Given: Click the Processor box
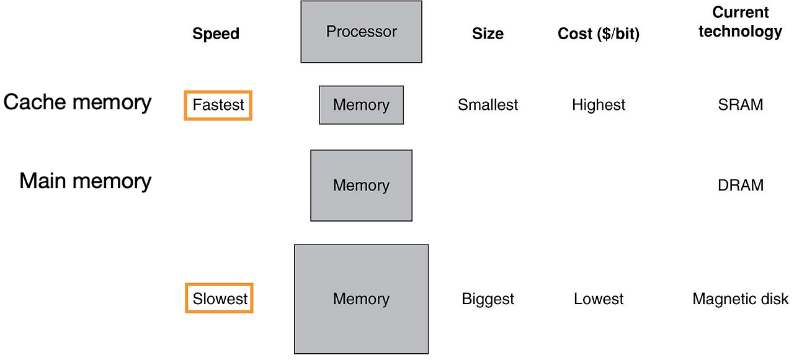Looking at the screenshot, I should coord(361,32).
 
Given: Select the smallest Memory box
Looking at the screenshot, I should coord(361,105).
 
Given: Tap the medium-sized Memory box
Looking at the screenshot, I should coord(361,185).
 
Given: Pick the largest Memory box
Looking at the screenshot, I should coord(361,299).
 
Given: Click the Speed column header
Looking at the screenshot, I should coord(216,34).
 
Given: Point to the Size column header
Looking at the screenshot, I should coord(488,34).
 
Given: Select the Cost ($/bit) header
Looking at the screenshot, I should coord(598,34).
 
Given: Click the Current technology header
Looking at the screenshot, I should coord(740,22).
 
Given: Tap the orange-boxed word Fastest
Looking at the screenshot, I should coord(218,105).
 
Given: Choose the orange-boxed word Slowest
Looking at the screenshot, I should coord(220,299).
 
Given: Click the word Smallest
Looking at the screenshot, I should coord(488,105).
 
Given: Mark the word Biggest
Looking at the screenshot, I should coord(488,299).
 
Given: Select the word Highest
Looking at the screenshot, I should coord(599,105).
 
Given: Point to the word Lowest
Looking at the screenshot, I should coord(599,299).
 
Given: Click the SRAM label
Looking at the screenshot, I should coord(740,105).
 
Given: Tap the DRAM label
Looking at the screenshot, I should coord(740,185).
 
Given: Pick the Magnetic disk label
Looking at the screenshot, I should coord(740,299).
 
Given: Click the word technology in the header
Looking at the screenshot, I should coord(740,32).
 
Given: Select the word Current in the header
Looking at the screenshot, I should coord(740,12).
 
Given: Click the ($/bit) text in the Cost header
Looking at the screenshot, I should coord(617,34).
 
